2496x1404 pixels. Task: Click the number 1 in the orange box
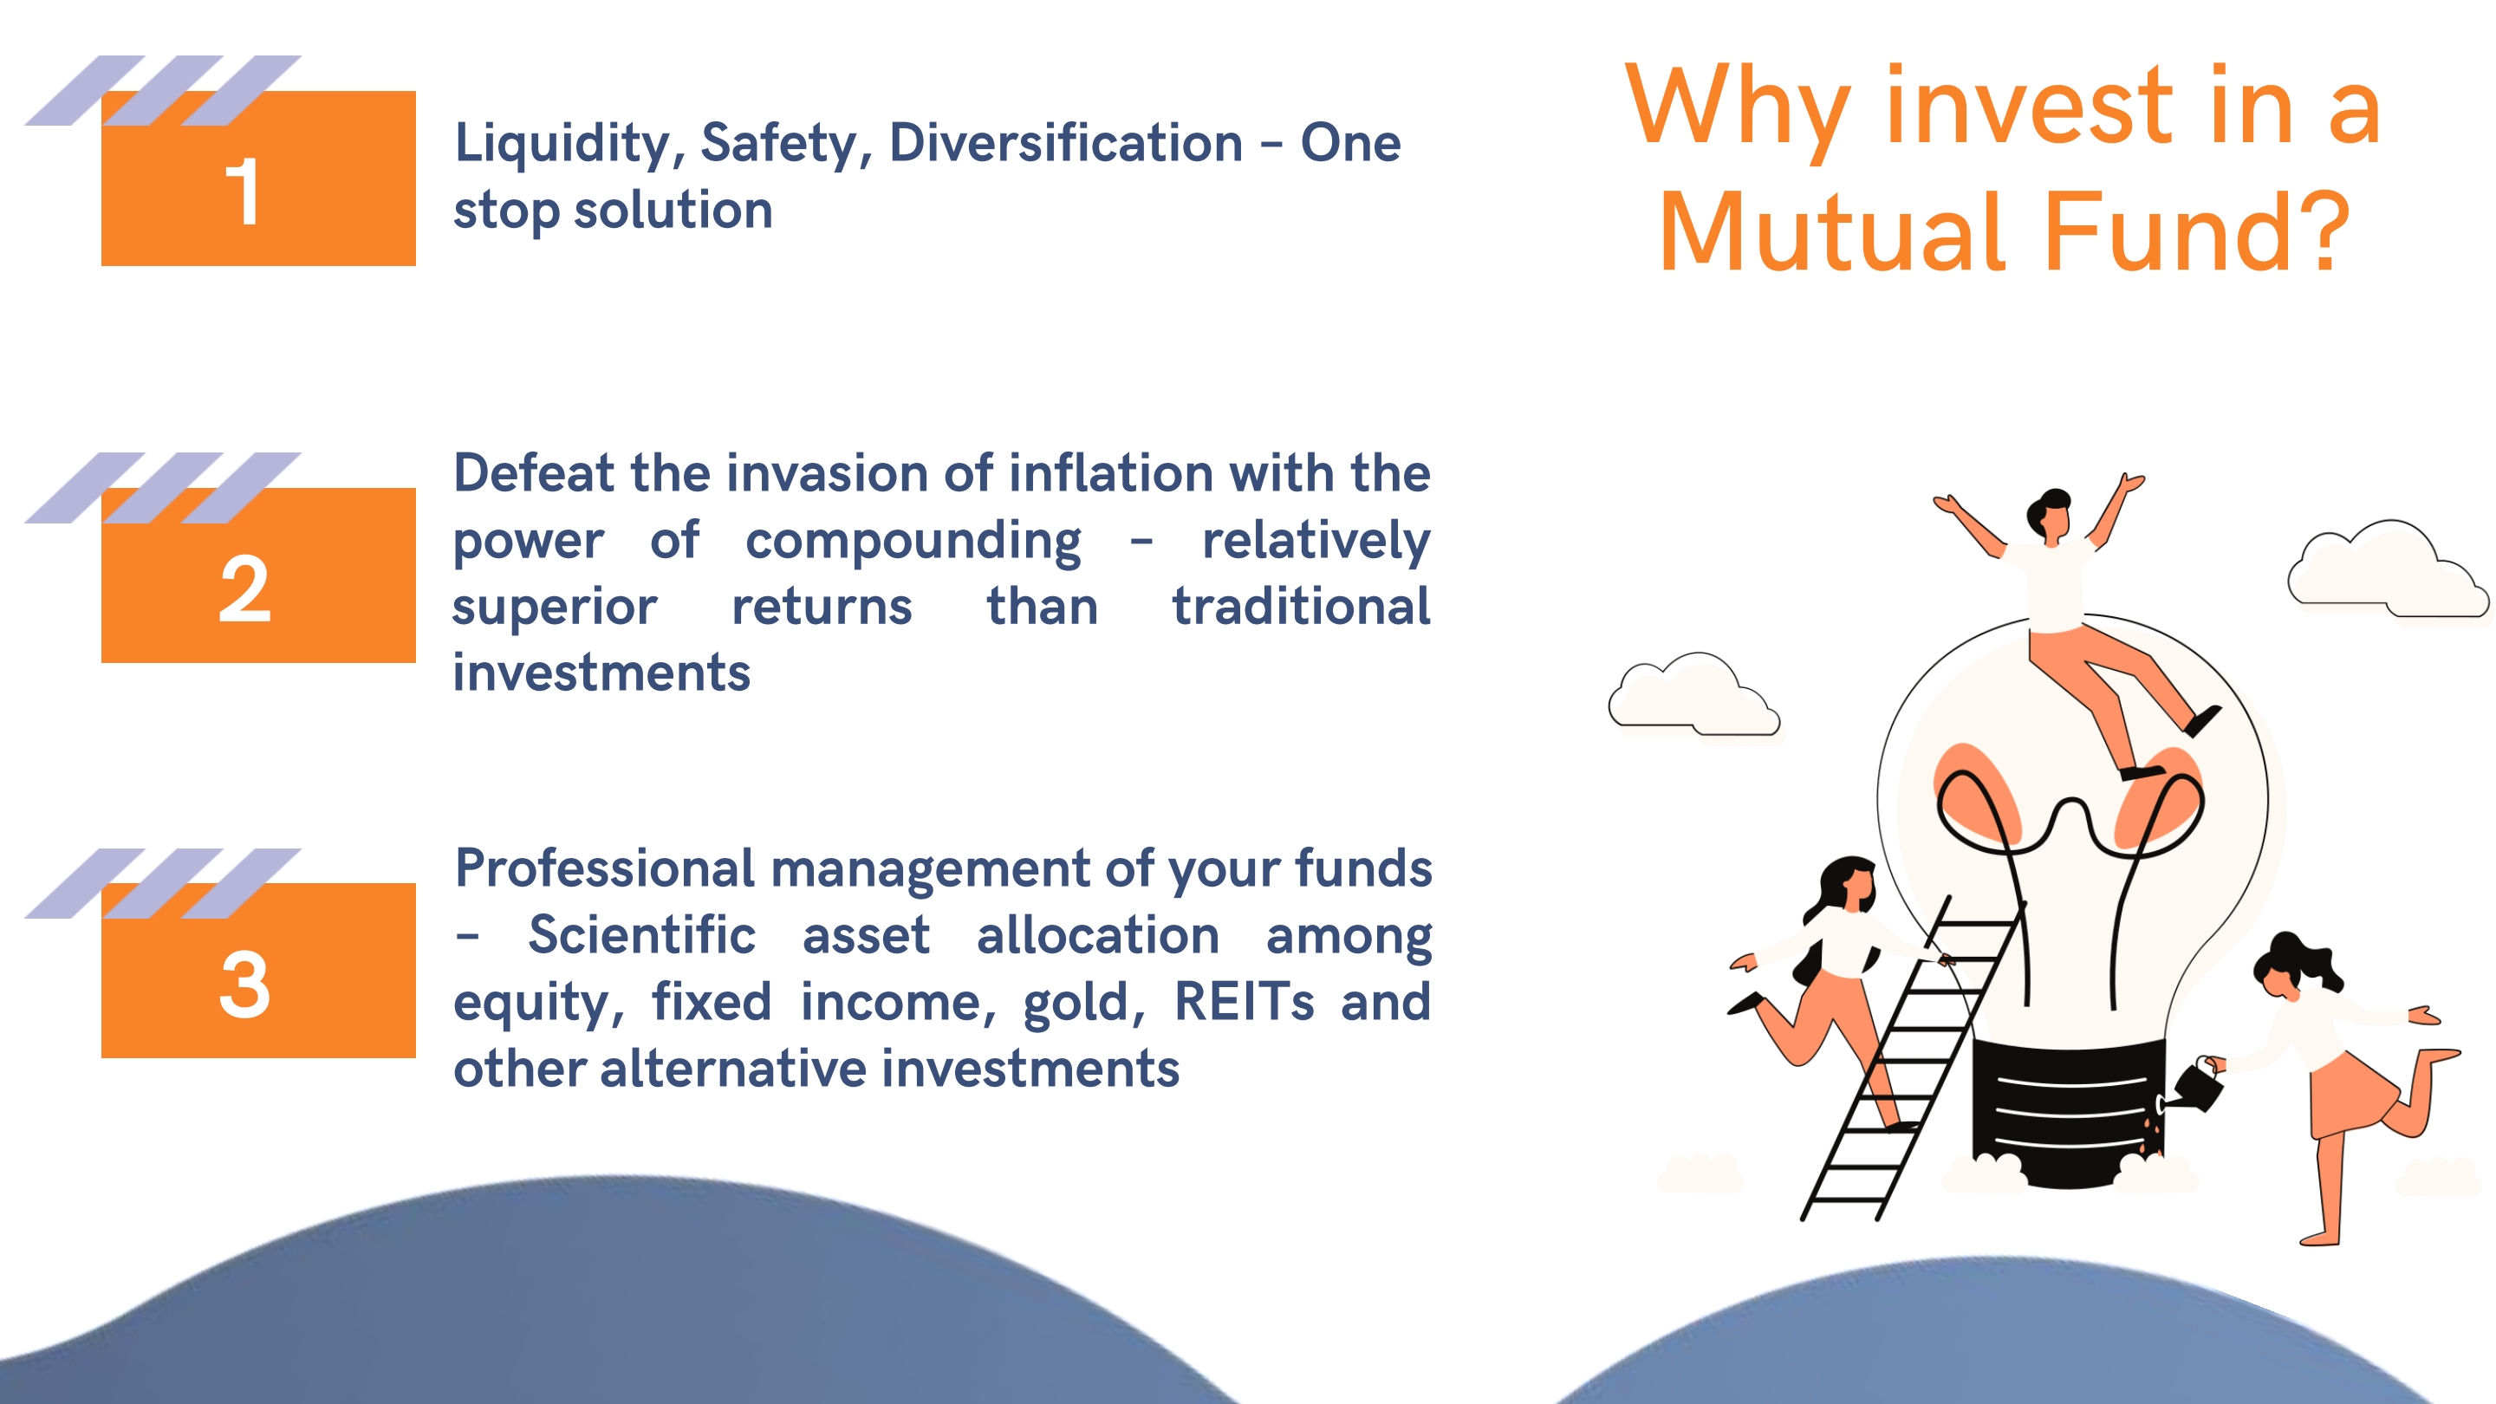243,192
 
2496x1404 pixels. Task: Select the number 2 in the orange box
244,589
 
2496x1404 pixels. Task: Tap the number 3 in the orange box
244,985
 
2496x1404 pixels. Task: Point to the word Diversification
1066,142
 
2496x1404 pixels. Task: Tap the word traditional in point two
1301,607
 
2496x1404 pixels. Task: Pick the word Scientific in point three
641,935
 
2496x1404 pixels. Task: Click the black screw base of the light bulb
2069,1115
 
